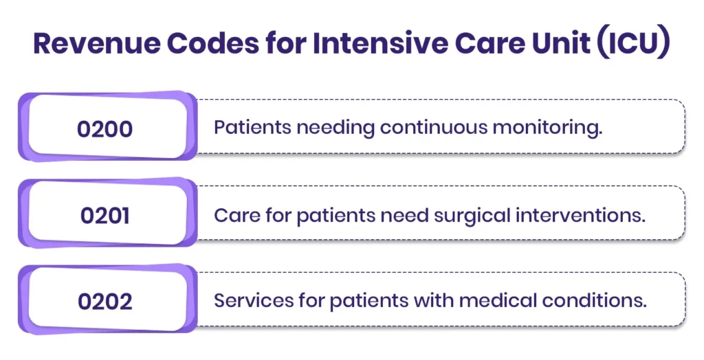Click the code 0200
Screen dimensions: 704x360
tap(104, 129)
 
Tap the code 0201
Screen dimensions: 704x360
tap(105, 216)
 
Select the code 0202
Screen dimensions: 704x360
tap(105, 301)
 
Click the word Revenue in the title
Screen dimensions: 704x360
tap(96, 43)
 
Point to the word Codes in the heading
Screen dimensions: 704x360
tap(213, 43)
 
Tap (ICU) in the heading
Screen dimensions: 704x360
tap(633, 43)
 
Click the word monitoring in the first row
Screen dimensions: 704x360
tap(547, 128)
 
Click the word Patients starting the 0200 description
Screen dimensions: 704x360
tap(252, 128)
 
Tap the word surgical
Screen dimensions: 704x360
tap(472, 216)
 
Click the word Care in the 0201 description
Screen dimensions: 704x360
tap(236, 216)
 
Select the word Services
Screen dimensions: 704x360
tap(253, 300)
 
